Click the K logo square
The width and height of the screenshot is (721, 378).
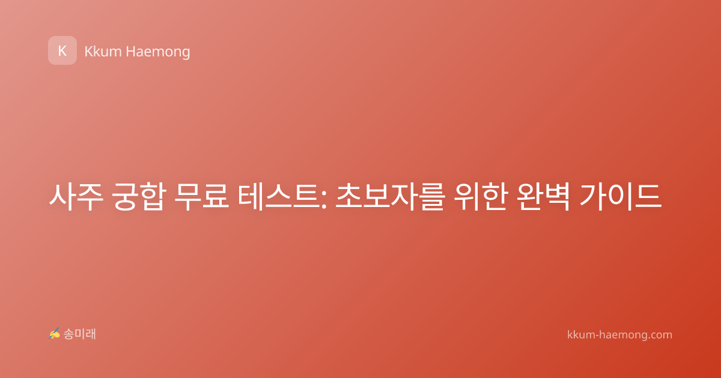62,50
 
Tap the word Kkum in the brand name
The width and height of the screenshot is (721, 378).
103,52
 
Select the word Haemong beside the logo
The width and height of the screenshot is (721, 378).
157,52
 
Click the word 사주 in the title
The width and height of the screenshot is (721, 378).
76,197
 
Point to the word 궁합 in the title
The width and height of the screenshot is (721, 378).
139,197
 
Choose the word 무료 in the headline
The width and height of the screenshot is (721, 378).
201,197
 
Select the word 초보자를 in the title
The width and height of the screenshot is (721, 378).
391,197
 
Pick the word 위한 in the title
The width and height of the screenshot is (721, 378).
481,197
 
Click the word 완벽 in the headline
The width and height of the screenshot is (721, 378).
544,197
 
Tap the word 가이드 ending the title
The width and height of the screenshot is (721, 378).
621,197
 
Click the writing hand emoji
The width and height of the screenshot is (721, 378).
54,334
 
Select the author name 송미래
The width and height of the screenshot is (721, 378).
79,334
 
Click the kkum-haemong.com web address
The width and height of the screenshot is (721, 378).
619,335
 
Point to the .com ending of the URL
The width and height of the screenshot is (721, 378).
660,335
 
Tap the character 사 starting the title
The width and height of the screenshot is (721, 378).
62,197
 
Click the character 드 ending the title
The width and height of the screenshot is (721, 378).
648,197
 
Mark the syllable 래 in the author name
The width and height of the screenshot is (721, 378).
91,334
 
